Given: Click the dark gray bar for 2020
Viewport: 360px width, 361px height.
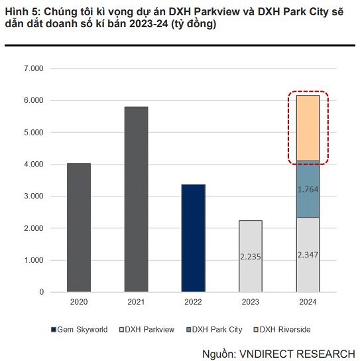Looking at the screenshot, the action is point(79,228).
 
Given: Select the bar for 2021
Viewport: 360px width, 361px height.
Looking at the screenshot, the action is point(136,199).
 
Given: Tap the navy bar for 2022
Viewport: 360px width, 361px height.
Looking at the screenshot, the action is point(193,238).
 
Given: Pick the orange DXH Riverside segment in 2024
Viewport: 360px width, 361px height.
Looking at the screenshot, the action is point(308,128).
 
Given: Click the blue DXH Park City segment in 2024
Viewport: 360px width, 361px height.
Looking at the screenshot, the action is point(308,189).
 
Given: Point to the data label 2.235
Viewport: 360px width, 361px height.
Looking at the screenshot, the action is point(251,257).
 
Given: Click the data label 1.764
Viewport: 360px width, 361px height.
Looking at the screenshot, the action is point(308,190).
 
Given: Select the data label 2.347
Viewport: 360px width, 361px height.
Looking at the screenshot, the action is point(308,255).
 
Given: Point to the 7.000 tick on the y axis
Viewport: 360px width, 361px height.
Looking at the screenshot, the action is point(34,68).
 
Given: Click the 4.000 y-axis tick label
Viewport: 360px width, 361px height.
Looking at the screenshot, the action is point(34,165).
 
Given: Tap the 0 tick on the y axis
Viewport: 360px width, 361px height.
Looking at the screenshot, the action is point(41,292).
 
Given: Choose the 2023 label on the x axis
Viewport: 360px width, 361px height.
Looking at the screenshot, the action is point(251,302).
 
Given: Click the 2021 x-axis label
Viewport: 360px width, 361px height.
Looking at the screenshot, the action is point(136,302).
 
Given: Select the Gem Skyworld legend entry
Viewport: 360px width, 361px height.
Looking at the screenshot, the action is point(80,329).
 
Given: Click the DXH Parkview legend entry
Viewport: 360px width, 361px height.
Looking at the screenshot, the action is point(147,329).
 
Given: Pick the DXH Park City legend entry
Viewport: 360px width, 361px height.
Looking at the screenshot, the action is point(214,330).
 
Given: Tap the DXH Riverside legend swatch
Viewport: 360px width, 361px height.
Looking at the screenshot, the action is point(256,330).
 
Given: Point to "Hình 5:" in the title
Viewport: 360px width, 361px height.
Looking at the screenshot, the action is point(23,12).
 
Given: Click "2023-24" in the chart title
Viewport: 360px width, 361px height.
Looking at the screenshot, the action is point(149,24).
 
